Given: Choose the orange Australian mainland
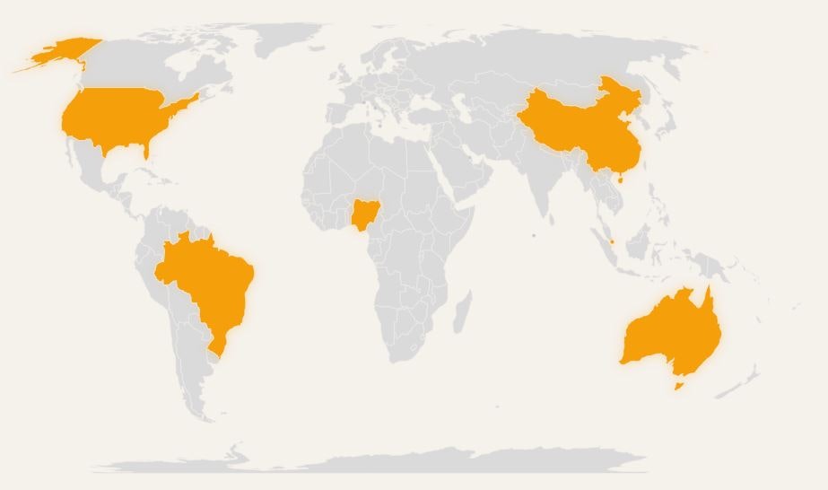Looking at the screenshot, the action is [x=673, y=332].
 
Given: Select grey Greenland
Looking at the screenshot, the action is [x=287, y=40].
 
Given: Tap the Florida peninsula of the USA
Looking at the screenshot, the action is [x=146, y=164].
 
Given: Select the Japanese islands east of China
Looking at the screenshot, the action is [x=668, y=121].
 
